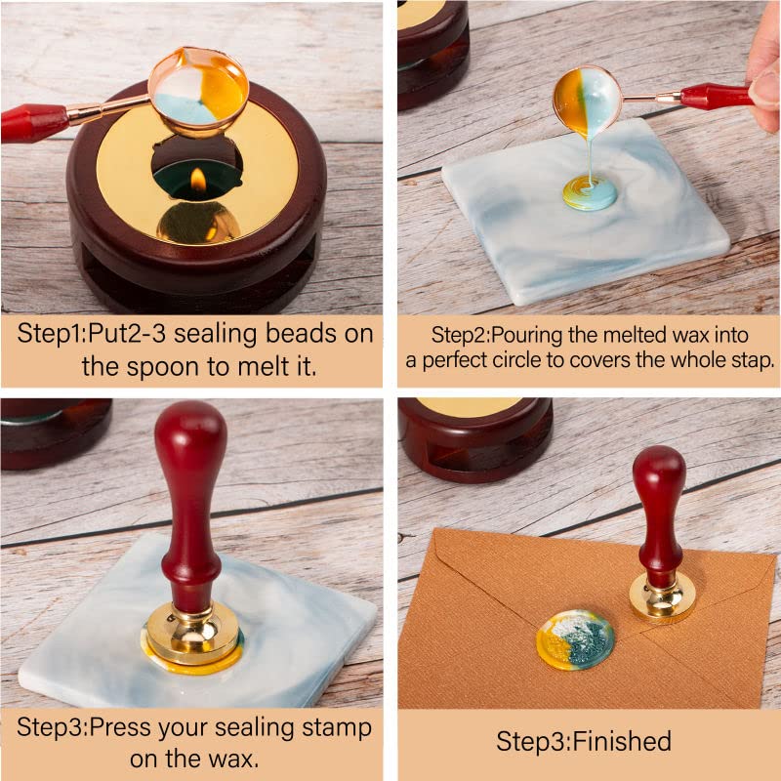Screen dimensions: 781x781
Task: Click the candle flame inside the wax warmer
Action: pyautogui.click(x=198, y=179)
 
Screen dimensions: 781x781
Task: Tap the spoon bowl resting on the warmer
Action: pyautogui.click(x=200, y=91)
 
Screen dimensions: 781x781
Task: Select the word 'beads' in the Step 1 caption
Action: pyautogui.click(x=275, y=332)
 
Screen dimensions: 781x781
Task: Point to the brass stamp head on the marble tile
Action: pyautogui.click(x=192, y=633)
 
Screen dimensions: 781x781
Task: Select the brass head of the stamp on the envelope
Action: pyautogui.click(x=662, y=597)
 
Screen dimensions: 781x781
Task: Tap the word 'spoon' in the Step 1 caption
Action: pyautogui.click(x=183, y=367)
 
